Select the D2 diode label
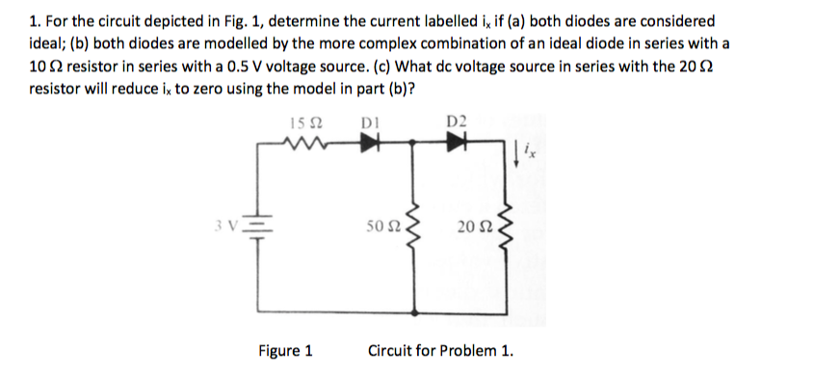[x=456, y=121]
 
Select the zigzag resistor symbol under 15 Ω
[x=302, y=145]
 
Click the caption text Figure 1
[x=285, y=351]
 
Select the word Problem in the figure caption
[x=466, y=351]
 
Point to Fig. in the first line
[x=242, y=20]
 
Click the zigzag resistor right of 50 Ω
[x=418, y=228]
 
